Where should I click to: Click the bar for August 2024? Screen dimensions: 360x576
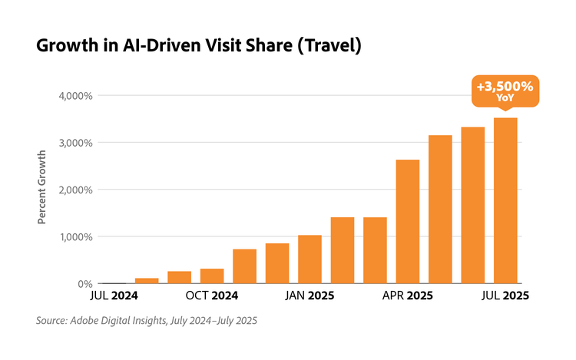pyautogui.click(x=147, y=281)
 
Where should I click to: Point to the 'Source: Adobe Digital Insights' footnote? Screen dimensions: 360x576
pyautogui.click(x=146, y=321)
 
